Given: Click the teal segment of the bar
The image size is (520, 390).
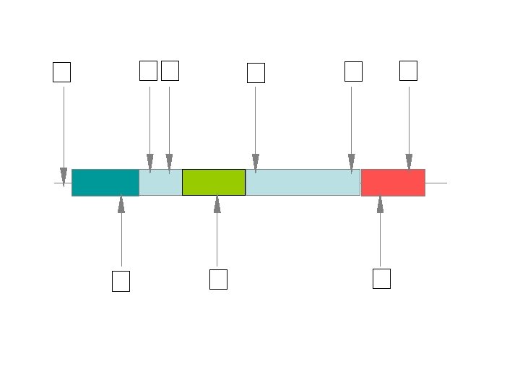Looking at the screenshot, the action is pos(105,182).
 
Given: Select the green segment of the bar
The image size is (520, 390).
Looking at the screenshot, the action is pos(214,182).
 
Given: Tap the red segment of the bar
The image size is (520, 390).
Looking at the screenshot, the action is pos(393,182).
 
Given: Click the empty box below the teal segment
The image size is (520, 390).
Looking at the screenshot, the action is pos(121,281).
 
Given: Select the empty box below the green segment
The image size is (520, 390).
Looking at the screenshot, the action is pos(218,279).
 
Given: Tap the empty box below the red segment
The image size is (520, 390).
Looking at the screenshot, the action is pos(381,279).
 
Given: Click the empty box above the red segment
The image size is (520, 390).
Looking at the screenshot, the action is pos(408,71).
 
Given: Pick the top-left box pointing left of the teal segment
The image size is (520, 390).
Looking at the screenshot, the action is pos(62,72).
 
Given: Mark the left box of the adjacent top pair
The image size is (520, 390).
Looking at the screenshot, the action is pos(148,71).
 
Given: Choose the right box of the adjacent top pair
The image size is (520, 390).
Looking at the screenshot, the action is pos(170,71).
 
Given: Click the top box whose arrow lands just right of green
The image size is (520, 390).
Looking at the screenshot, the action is pos(256,73).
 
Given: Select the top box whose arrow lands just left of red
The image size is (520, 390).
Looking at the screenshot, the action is pos(353,71).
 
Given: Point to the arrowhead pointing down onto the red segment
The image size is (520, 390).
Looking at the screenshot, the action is pos(409,163).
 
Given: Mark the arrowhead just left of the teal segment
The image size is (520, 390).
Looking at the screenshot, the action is pos(64,178).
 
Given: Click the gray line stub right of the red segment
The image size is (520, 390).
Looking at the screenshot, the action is pos(436,183).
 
